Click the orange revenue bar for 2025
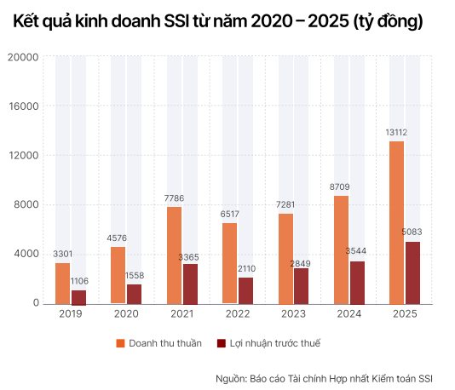coord(396,222)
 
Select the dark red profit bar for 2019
coord(78,297)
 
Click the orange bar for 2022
coord(229,263)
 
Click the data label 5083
coord(412,232)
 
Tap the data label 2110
coord(245,268)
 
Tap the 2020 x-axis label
coord(125,313)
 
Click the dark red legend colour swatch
coord(222,343)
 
